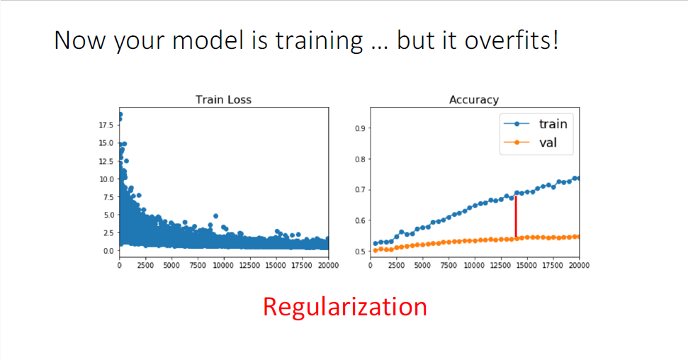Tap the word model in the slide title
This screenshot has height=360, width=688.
point(208,40)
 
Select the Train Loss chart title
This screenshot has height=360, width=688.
point(223,100)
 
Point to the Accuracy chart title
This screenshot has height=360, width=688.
point(474,100)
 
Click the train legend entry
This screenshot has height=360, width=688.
point(536,124)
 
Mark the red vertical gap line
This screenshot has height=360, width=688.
point(516,217)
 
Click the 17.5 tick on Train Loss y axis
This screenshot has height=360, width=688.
point(106,125)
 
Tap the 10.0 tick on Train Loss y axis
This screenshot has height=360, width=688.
point(106,179)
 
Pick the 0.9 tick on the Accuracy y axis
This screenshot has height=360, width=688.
point(360,128)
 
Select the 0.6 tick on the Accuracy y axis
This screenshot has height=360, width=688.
point(360,220)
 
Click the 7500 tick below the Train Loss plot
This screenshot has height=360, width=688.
point(198,265)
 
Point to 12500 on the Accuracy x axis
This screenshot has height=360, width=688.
point(500,265)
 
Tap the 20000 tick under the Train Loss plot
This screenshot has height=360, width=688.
point(328,265)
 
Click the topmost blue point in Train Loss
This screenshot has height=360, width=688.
point(120,115)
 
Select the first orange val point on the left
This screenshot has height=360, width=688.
point(375,251)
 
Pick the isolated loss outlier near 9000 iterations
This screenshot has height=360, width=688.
point(215,216)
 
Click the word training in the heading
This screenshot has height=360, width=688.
point(319,40)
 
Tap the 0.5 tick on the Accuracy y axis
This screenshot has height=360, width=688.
point(360,252)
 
